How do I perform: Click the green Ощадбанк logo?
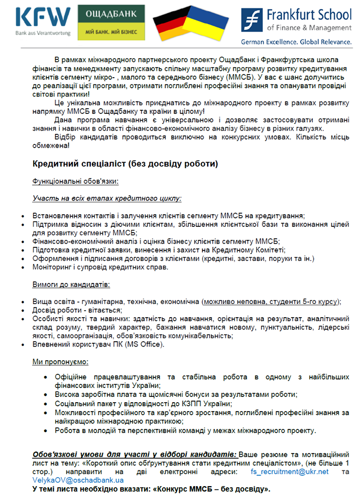112,23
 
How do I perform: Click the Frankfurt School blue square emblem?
252,20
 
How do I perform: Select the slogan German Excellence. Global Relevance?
296,42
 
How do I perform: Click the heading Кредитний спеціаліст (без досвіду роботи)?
125,164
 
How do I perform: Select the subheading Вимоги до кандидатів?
71,285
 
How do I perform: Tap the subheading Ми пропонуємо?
61,362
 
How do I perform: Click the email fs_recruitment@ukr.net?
296,471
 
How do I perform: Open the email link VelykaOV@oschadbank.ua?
78,480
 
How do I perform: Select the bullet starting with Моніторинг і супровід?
100,267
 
